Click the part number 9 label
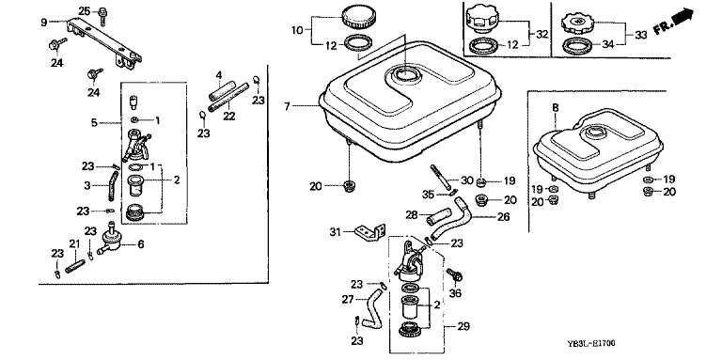44,23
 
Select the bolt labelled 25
102,16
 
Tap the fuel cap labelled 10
358,18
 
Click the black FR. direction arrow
682,18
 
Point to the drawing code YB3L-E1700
590,343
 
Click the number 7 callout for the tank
287,107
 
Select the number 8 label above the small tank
556,108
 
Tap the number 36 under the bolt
455,292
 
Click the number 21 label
74,243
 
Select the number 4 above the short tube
219,74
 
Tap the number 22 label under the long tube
228,116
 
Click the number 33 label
641,34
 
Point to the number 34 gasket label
609,45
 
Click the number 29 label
463,326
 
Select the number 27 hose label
347,300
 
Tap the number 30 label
467,180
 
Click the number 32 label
542,34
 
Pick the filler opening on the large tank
404,72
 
